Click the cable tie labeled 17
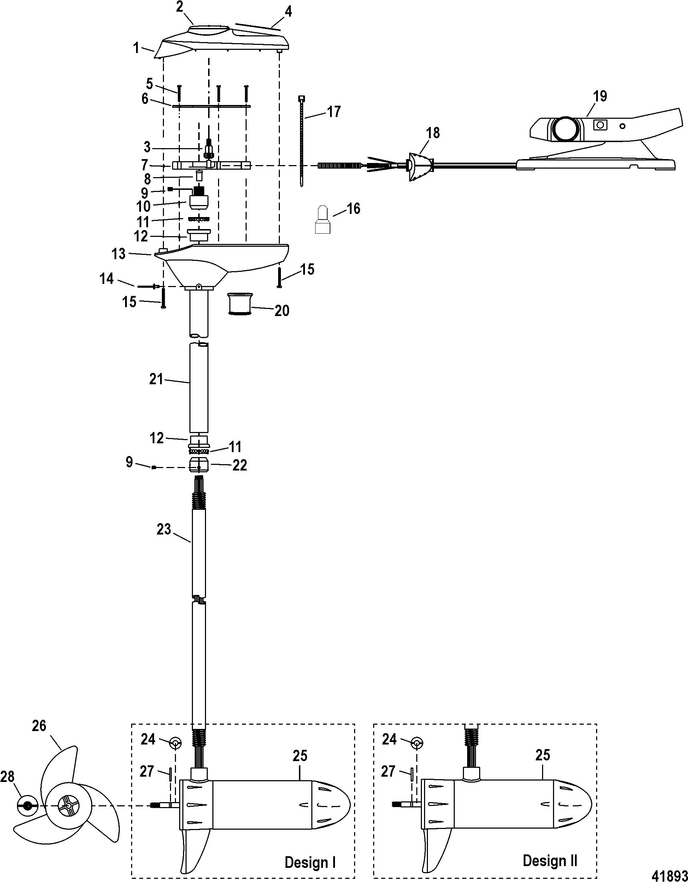(302, 141)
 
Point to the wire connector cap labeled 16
(323, 220)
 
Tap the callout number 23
(164, 529)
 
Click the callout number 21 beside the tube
(156, 379)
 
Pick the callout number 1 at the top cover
(137, 49)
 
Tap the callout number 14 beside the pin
(107, 278)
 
